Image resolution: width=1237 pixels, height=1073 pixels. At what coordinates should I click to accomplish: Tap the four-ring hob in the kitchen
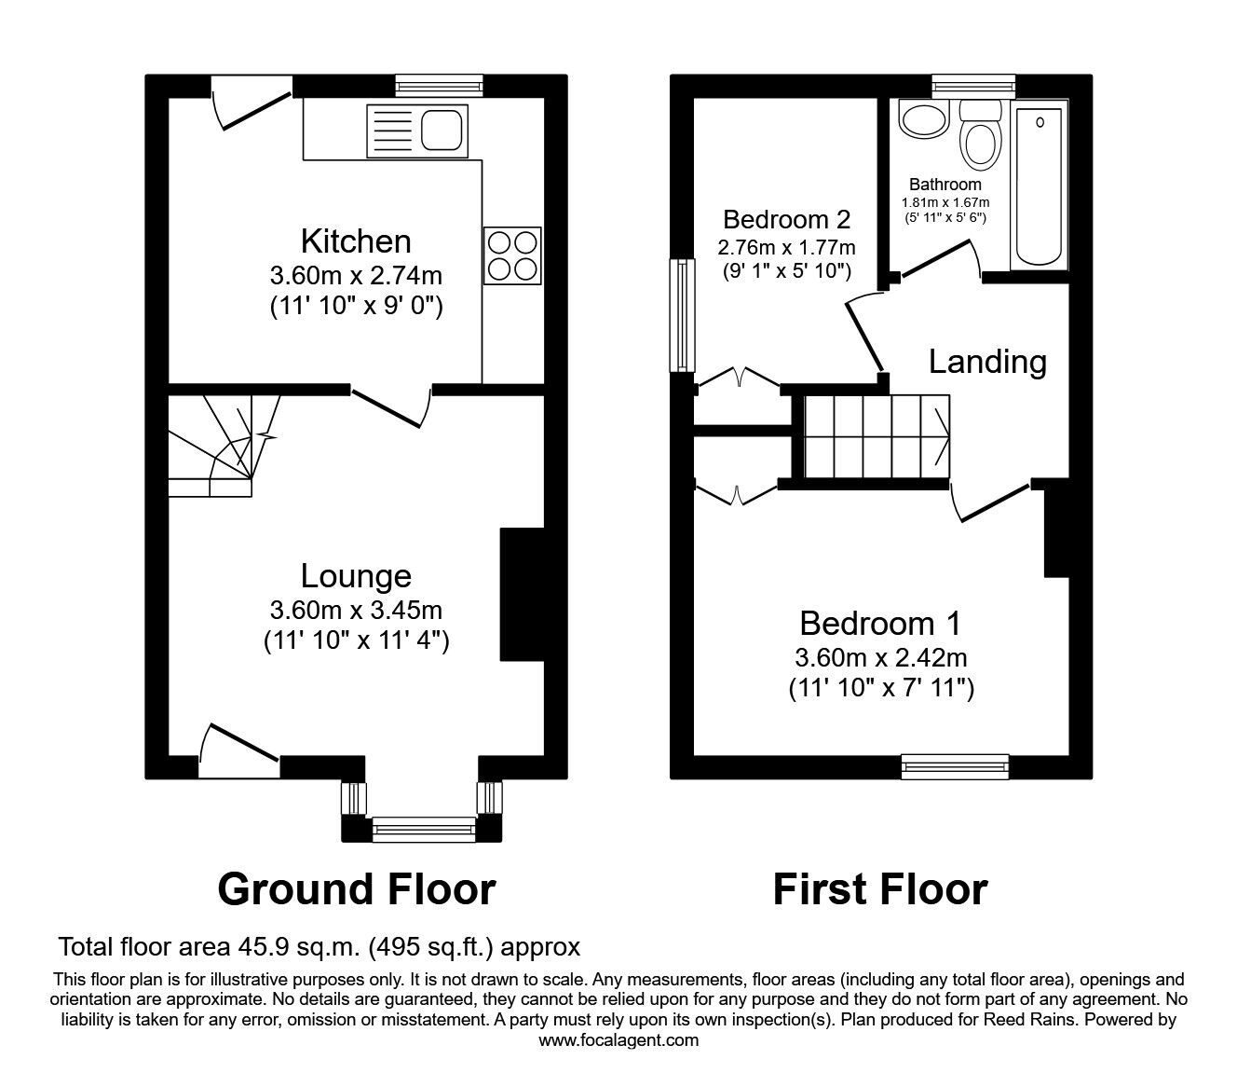tap(514, 255)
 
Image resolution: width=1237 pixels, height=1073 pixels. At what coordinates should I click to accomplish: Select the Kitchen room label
tap(355, 241)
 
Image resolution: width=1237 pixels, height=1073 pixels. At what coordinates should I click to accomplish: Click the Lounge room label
tap(355, 576)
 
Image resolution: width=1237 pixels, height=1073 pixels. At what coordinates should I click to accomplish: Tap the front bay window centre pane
tap(423, 827)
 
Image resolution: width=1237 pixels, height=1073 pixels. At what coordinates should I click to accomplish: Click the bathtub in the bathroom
tap(1040, 186)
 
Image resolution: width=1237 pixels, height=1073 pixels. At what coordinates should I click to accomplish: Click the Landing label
tap(986, 362)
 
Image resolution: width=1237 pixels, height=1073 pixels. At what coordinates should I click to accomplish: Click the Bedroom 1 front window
tap(955, 766)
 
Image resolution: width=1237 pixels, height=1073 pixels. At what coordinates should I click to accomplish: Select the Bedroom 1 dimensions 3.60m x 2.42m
tap(880, 658)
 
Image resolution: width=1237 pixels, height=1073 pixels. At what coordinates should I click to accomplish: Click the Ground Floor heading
tap(356, 889)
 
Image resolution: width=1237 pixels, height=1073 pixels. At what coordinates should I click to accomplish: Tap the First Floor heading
tap(879, 889)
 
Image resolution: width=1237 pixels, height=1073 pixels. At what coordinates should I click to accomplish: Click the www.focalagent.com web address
tap(618, 1040)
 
